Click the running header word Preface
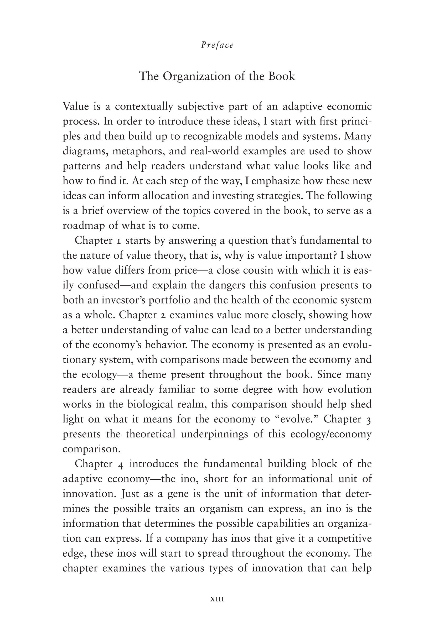coord(217,45)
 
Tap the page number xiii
coord(217,599)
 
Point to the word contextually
coord(144,106)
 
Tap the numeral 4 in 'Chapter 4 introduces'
coord(121,464)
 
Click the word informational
coord(301,479)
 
